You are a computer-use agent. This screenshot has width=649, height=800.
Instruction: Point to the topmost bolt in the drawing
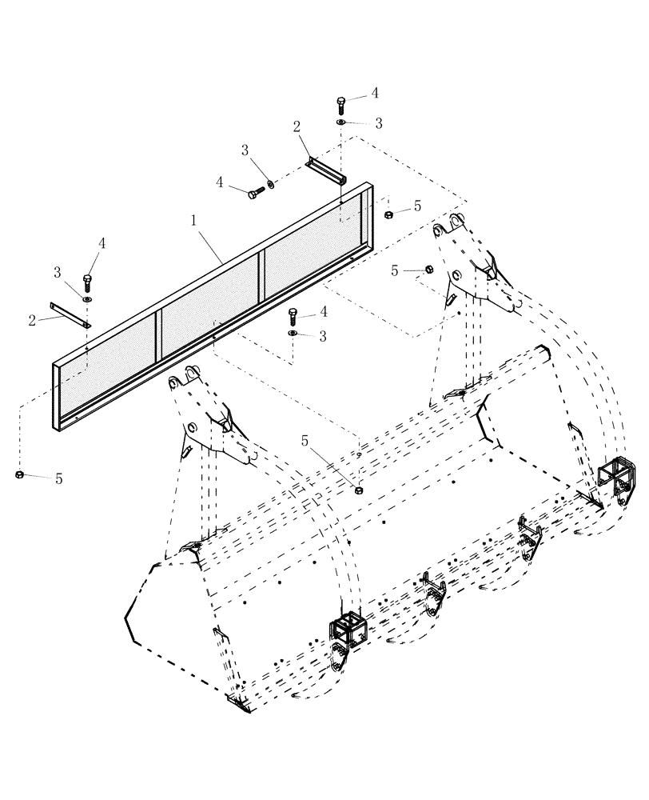(341, 104)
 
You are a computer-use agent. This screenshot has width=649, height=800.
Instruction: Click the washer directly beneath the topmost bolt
(341, 122)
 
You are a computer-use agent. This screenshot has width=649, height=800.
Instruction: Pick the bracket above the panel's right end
(325, 170)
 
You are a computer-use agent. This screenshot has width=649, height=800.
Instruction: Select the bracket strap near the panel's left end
(71, 314)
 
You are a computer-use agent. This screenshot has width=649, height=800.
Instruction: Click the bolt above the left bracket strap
(86, 282)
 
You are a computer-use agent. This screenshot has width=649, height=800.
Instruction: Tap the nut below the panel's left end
(18, 475)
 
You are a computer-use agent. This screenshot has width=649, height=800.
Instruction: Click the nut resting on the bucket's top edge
(358, 489)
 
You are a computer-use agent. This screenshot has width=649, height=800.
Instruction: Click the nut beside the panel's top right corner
(388, 214)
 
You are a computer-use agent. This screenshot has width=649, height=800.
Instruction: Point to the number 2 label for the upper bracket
(297, 126)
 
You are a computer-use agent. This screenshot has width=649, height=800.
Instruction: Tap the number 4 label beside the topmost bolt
(374, 94)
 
